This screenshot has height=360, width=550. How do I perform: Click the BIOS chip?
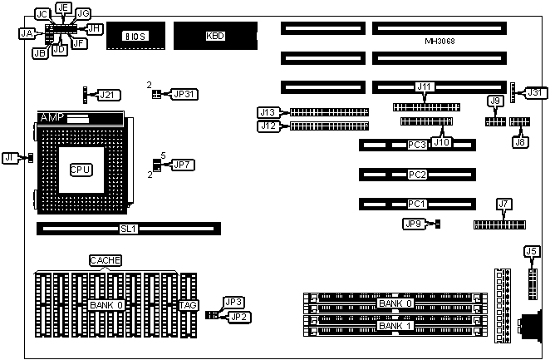pos(135,37)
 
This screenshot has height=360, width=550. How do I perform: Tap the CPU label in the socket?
pos(80,170)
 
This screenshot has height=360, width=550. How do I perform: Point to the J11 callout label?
pos(425,86)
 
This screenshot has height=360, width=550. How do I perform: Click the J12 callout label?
pos(268,126)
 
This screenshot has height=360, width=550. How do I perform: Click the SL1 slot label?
pos(127,227)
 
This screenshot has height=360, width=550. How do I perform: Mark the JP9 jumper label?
pos(414,224)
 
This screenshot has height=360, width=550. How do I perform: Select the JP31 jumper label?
pos(183,93)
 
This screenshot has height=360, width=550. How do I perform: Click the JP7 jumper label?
pos(182,165)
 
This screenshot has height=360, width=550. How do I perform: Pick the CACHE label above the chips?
pos(106,260)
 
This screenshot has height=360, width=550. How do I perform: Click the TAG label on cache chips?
pos(188,305)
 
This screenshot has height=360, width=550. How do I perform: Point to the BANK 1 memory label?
pos(395,325)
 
